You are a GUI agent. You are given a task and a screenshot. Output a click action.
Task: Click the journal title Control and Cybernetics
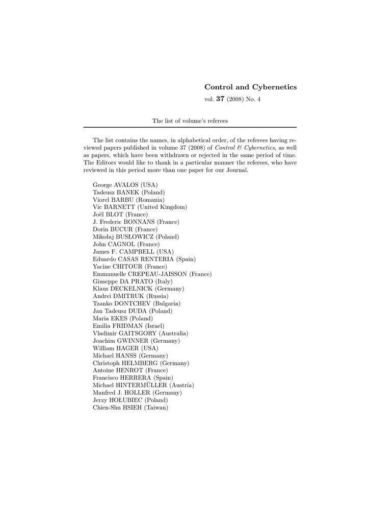250,87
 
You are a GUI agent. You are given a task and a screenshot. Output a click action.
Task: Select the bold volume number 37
220,99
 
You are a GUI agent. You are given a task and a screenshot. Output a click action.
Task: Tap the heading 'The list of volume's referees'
190,121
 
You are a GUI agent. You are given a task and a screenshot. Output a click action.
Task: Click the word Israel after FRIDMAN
154,325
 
